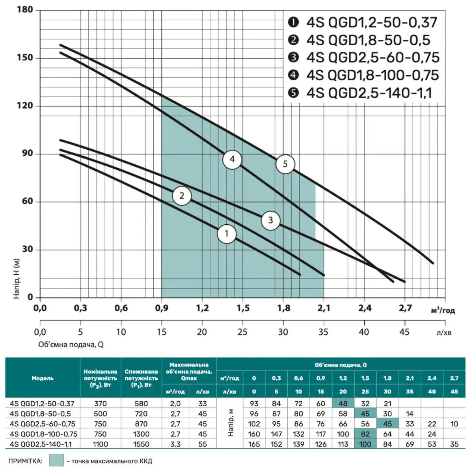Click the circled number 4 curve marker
pyautogui.click(x=232, y=159)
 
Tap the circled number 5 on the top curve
pyautogui.click(x=285, y=164)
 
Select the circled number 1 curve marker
pyautogui.click(x=227, y=234)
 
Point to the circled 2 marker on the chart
pyautogui.click(x=182, y=196)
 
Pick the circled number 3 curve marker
pyautogui.click(x=270, y=220)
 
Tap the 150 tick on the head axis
pyautogui.click(x=25, y=58)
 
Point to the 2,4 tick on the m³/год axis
pyautogui.click(x=365, y=308)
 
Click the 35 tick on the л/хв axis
pyautogui.click(x=323, y=332)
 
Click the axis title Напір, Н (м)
pyautogui.click(x=16, y=278)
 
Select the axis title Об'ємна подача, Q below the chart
pyautogui.click(x=71, y=345)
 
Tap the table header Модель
pyautogui.click(x=43, y=378)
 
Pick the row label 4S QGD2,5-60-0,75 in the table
pyautogui.click(x=43, y=424)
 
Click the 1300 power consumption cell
pyautogui.click(x=141, y=434)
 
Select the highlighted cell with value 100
pyautogui.click(x=365, y=444)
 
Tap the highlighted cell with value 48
pyautogui.click(x=343, y=404)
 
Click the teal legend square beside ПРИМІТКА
pyautogui.click(x=56, y=460)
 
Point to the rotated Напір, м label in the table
pyautogui.click(x=231, y=424)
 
